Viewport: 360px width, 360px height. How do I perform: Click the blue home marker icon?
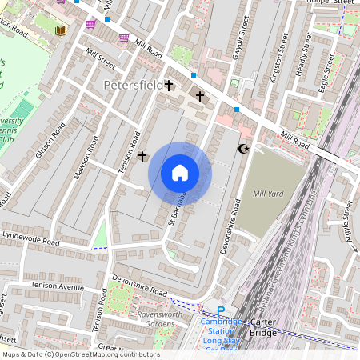click(180, 173)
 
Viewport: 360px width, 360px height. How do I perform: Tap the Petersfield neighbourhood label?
click(133, 84)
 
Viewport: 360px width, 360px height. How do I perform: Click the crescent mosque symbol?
click(244, 149)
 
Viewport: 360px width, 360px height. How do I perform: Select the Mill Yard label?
click(267, 193)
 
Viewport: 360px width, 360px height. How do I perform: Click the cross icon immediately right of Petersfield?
click(170, 84)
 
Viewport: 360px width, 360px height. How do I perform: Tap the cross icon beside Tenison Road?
click(142, 156)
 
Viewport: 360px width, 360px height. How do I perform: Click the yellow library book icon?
click(61, 30)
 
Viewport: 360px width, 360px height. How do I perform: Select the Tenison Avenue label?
click(58, 286)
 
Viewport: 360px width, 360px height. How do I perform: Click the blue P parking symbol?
click(221, 310)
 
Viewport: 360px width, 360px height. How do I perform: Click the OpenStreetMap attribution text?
click(80, 354)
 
